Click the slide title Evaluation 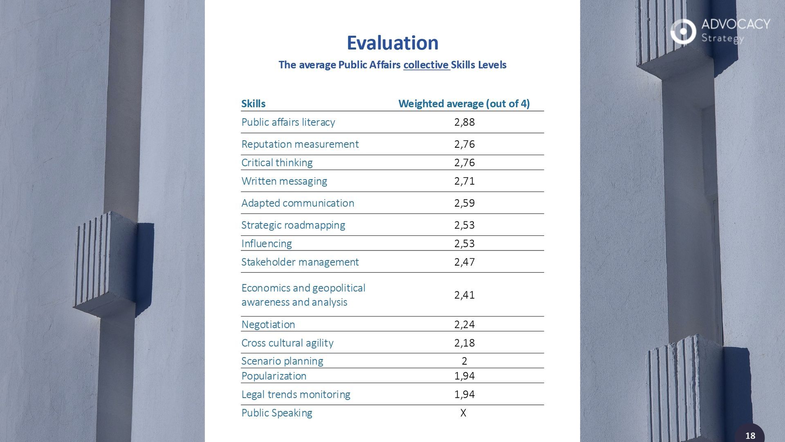tap(392, 43)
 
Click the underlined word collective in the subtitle tap(426, 65)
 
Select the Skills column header tap(253, 104)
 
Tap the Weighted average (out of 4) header tap(464, 104)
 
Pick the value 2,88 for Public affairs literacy tap(464, 122)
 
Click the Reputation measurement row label tap(300, 144)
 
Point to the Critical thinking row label tap(277, 162)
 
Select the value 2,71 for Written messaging tap(464, 181)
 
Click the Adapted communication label tap(298, 203)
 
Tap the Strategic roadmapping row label tap(293, 225)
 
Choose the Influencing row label tap(267, 244)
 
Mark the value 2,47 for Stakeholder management tap(464, 262)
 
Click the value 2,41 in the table tap(464, 295)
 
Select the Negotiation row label tap(268, 325)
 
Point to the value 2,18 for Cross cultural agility tap(464, 343)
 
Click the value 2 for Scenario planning tap(464, 361)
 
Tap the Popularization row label tap(274, 376)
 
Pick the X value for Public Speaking tap(463, 413)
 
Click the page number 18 tap(750, 436)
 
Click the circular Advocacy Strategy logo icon tap(683, 31)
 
